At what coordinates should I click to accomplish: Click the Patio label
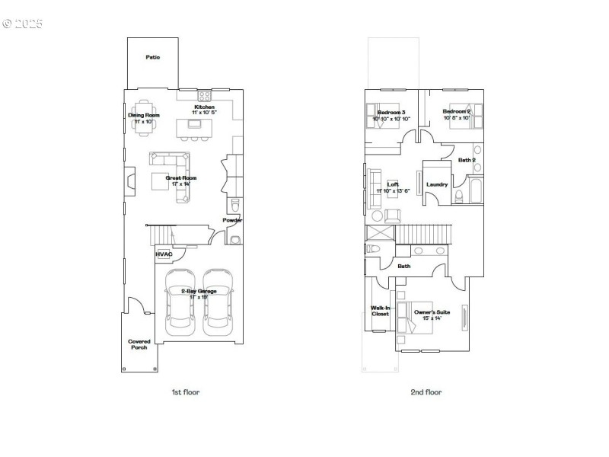click(x=152, y=57)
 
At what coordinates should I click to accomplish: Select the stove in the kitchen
click(x=205, y=96)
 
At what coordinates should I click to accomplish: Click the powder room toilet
click(x=235, y=206)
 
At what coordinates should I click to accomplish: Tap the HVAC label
click(x=164, y=254)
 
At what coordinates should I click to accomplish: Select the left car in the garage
click(x=181, y=303)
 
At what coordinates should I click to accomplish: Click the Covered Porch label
click(x=139, y=344)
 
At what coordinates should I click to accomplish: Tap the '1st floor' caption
click(x=185, y=392)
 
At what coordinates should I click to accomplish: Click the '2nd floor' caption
click(x=426, y=392)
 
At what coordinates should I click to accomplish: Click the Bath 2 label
click(x=467, y=160)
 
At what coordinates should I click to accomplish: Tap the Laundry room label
click(x=437, y=184)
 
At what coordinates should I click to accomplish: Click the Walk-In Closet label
click(x=380, y=311)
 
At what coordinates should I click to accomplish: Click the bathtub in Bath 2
click(x=476, y=190)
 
